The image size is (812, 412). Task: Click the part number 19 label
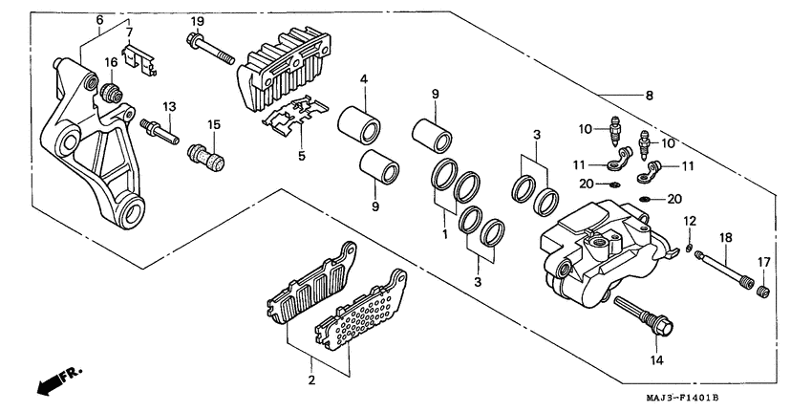(x=197, y=21)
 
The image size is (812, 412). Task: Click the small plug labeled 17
(x=763, y=288)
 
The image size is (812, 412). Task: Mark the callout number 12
(x=688, y=222)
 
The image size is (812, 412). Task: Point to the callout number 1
(x=445, y=231)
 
